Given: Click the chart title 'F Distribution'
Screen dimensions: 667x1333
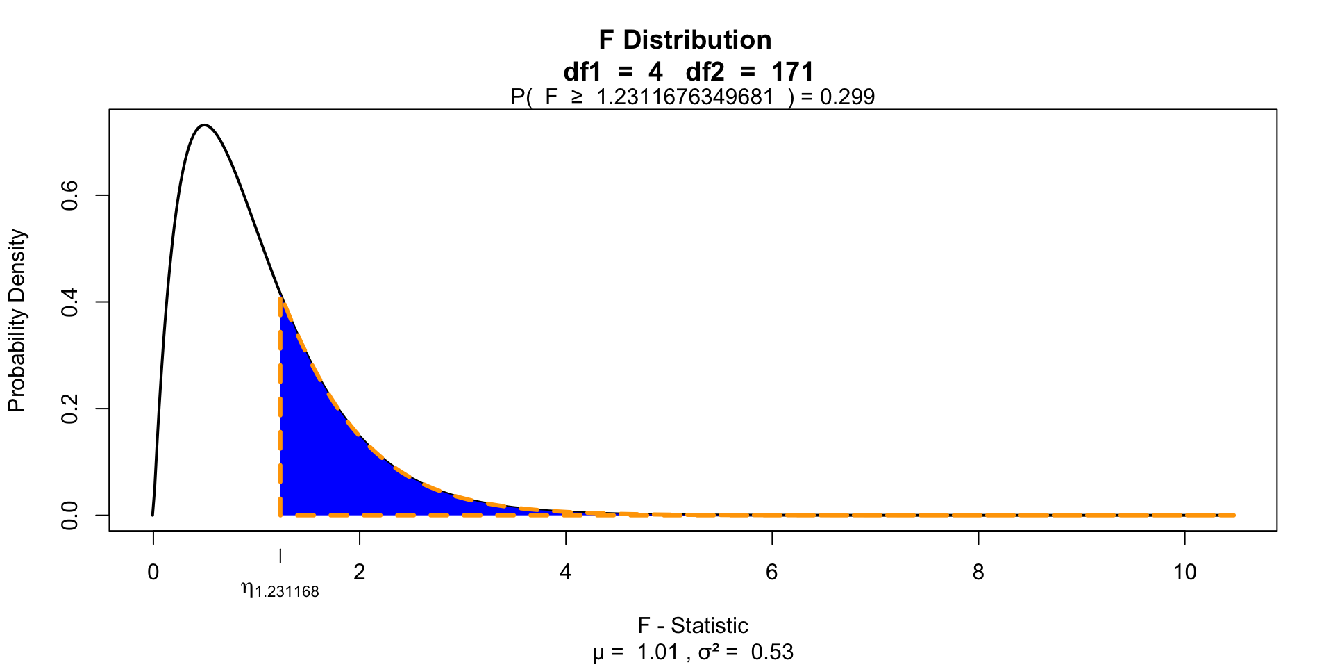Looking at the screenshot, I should pos(685,40).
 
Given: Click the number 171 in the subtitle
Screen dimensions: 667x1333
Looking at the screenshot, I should pos(792,72).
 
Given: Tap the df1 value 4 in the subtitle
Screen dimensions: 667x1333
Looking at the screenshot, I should pos(655,72).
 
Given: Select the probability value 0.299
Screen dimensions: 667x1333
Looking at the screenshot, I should pos(847,97).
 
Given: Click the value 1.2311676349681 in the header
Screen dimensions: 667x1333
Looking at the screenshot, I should pos(685,97).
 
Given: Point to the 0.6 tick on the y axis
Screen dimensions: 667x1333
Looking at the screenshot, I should pos(70,196).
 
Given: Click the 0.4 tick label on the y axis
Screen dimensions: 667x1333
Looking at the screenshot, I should pos(70,302).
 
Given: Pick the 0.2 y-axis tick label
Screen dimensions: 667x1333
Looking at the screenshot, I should pos(70,409).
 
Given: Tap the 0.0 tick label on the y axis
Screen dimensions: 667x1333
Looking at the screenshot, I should pos(70,515).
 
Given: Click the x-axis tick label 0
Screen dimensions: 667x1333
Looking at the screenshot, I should pos(153,572).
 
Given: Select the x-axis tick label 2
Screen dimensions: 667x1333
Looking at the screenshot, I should pos(359,572).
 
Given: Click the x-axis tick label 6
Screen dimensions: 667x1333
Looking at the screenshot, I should pos(771,572).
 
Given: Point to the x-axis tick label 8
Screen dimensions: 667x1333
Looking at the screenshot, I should pos(978,572).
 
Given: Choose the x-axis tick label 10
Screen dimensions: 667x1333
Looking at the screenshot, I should pos(1184,572).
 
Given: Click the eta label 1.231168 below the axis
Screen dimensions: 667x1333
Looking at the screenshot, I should pos(280,591).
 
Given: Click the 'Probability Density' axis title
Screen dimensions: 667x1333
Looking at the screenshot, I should pos(17,321).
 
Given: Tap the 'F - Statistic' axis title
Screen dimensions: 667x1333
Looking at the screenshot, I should pos(693,625).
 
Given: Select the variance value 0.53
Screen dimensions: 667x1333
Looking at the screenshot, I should pos(772,652).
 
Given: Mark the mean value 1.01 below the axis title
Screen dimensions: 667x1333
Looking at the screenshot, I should pos(657,652).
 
